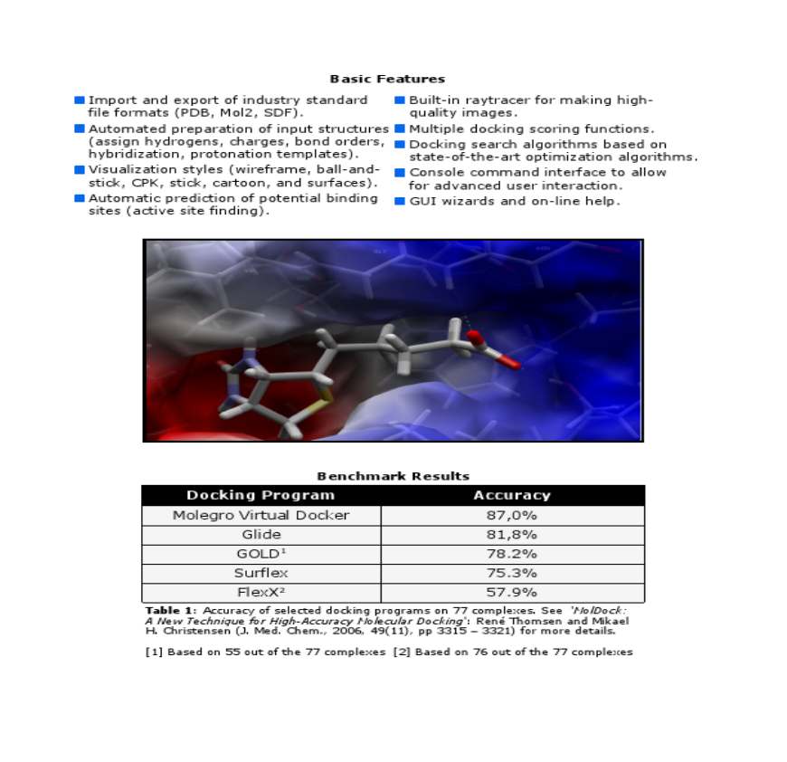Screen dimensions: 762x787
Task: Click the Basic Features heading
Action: [387, 80]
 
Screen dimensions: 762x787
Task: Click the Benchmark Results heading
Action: [393, 476]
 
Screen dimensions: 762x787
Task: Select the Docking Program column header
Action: [261, 495]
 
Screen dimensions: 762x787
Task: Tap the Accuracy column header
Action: [512, 495]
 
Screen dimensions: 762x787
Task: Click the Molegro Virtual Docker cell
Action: [261, 515]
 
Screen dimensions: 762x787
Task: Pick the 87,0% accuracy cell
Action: [512, 515]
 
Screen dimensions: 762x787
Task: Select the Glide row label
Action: [261, 535]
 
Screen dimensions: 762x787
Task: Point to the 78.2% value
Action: [512, 554]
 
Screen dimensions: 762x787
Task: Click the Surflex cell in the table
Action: [261, 573]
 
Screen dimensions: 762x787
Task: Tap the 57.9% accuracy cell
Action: [512, 592]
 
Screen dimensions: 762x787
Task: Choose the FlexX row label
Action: [261, 592]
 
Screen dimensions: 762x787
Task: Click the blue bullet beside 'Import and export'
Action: [80, 100]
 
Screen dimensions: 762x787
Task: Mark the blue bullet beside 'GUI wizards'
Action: [400, 201]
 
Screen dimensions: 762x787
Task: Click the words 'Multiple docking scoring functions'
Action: [532, 129]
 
